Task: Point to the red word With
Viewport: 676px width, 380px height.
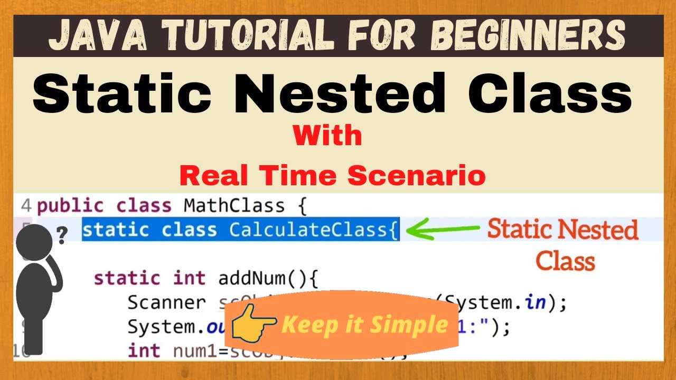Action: [x=327, y=136]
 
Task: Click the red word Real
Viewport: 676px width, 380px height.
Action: [x=212, y=176]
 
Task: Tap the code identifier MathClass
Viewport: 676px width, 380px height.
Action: [x=234, y=205]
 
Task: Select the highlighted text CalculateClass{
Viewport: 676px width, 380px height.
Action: [x=314, y=231]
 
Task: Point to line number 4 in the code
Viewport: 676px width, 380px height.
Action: [x=26, y=205]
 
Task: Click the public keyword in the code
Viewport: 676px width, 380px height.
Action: [x=70, y=205]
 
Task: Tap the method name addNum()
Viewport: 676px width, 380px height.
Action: [x=268, y=278]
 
